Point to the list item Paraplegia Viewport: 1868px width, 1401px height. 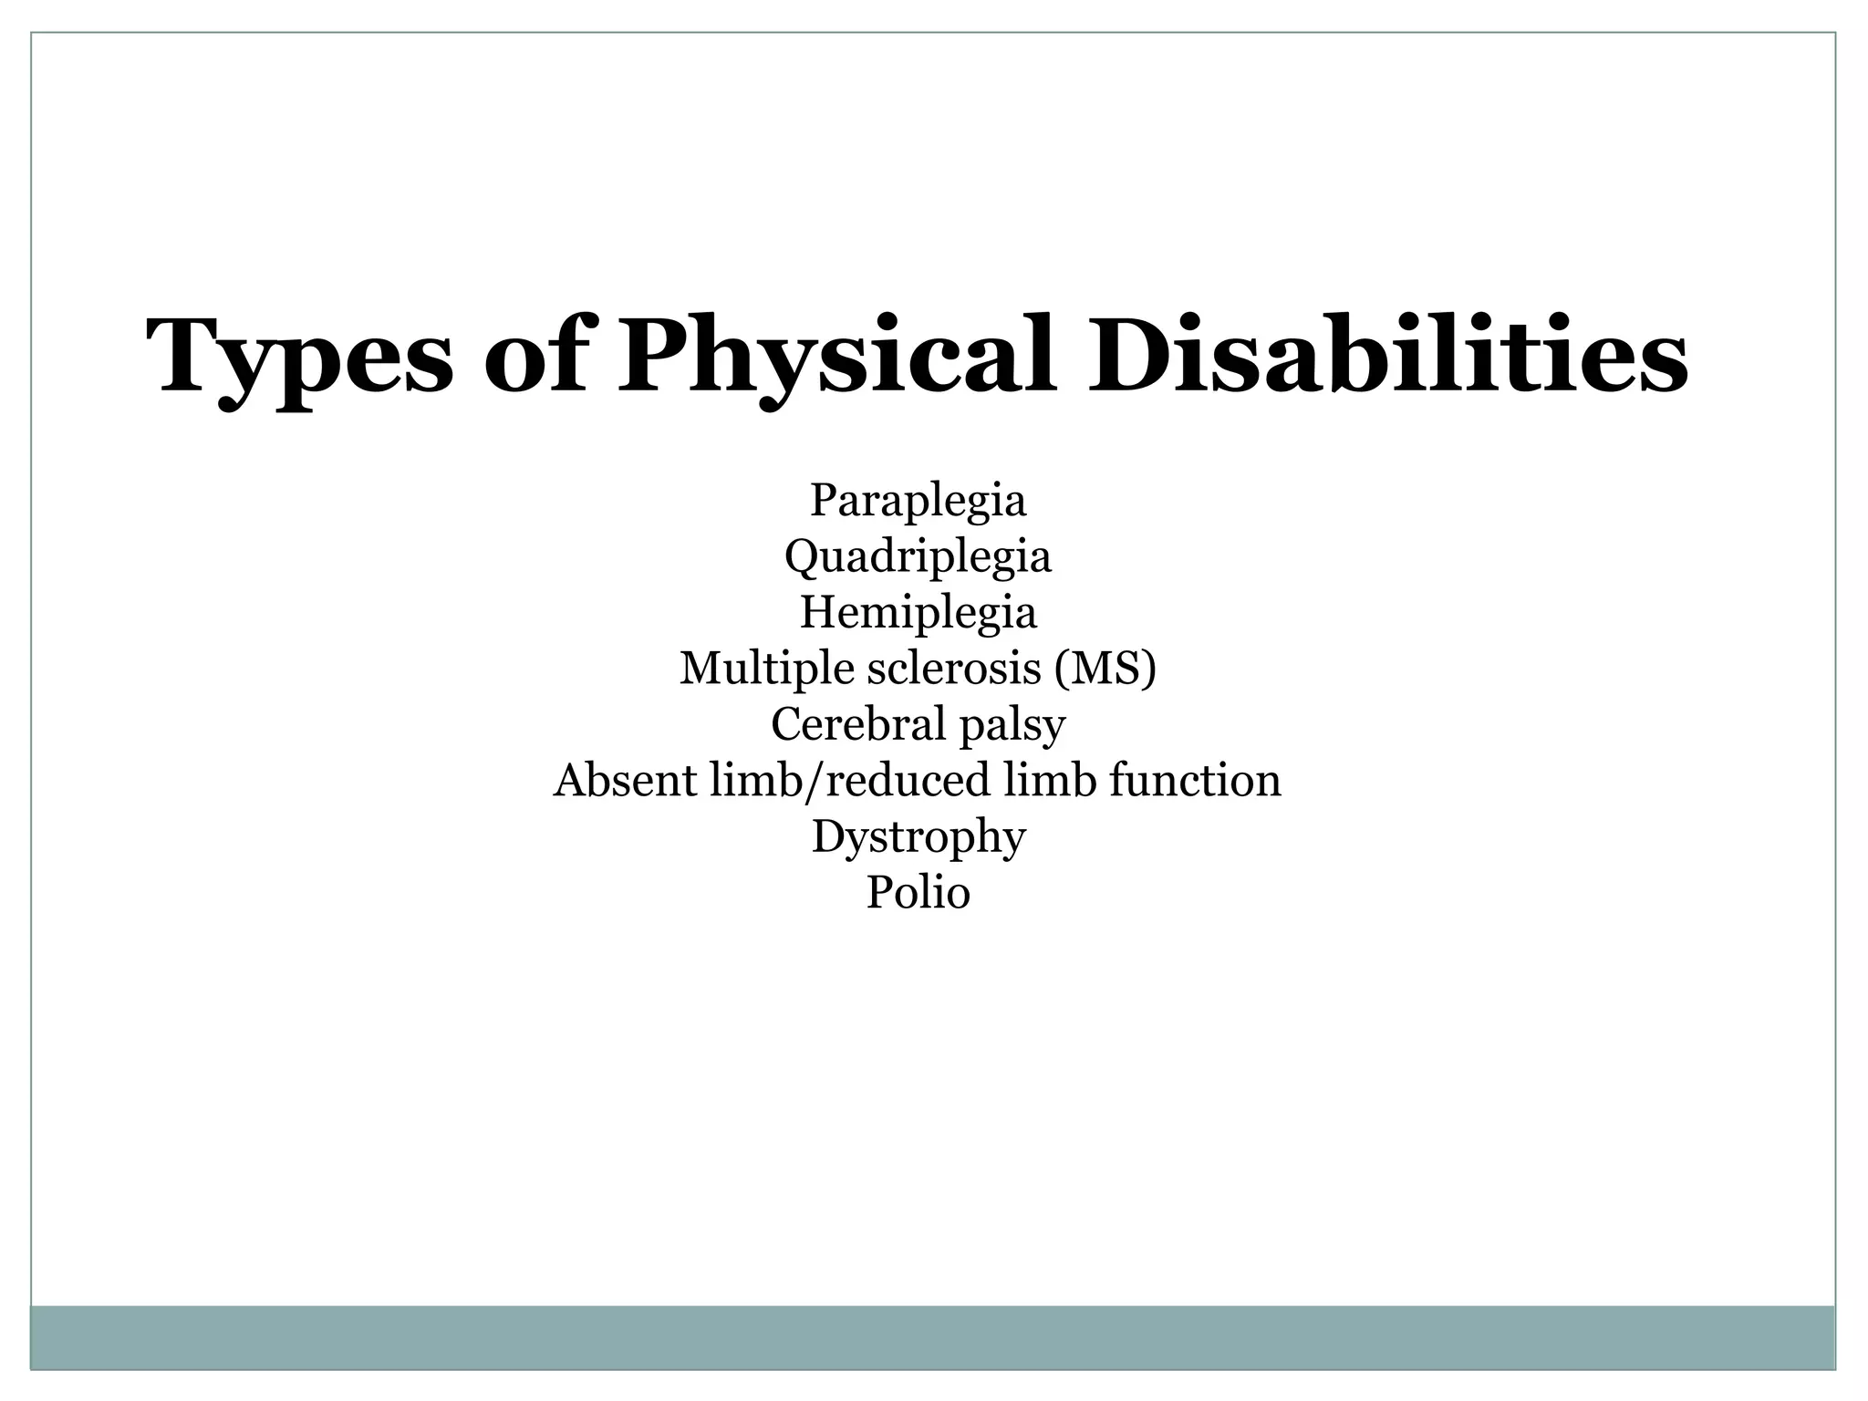[x=918, y=500]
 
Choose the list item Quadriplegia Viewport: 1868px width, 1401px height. [x=918, y=556]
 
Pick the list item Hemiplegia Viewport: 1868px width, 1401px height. [x=918, y=612]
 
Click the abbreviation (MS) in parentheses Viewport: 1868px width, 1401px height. [x=1105, y=669]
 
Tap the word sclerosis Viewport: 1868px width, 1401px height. [x=953, y=669]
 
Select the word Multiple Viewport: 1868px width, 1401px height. [x=767, y=669]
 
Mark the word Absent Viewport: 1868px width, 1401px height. [x=625, y=781]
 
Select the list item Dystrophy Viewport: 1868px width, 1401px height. [x=918, y=837]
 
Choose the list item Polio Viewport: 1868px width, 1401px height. [x=918, y=892]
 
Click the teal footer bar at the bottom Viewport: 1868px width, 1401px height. [x=932, y=1336]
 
